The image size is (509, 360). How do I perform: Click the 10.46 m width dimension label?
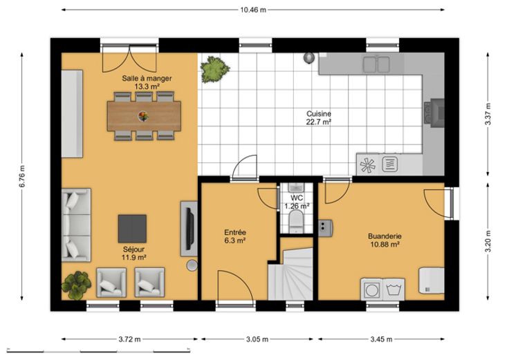253,10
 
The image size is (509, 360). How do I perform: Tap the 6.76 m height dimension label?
21,176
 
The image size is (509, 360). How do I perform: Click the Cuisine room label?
319,114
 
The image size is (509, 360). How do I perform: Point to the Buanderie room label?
385,236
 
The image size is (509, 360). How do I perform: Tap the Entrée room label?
235,232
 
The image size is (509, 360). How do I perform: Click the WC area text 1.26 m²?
297,206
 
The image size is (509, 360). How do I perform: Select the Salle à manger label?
147,78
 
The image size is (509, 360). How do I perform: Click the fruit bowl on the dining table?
143,116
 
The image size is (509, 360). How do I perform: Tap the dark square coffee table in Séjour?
132,229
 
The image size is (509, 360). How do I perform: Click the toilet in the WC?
296,221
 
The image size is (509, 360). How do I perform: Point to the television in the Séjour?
190,229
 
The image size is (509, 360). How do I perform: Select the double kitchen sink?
376,64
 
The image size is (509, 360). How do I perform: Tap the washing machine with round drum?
371,290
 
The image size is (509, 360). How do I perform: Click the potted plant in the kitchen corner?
214,69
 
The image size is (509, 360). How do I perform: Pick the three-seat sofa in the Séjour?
76,225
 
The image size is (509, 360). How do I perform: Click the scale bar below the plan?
98,350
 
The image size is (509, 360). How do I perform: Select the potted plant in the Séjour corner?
76,285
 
